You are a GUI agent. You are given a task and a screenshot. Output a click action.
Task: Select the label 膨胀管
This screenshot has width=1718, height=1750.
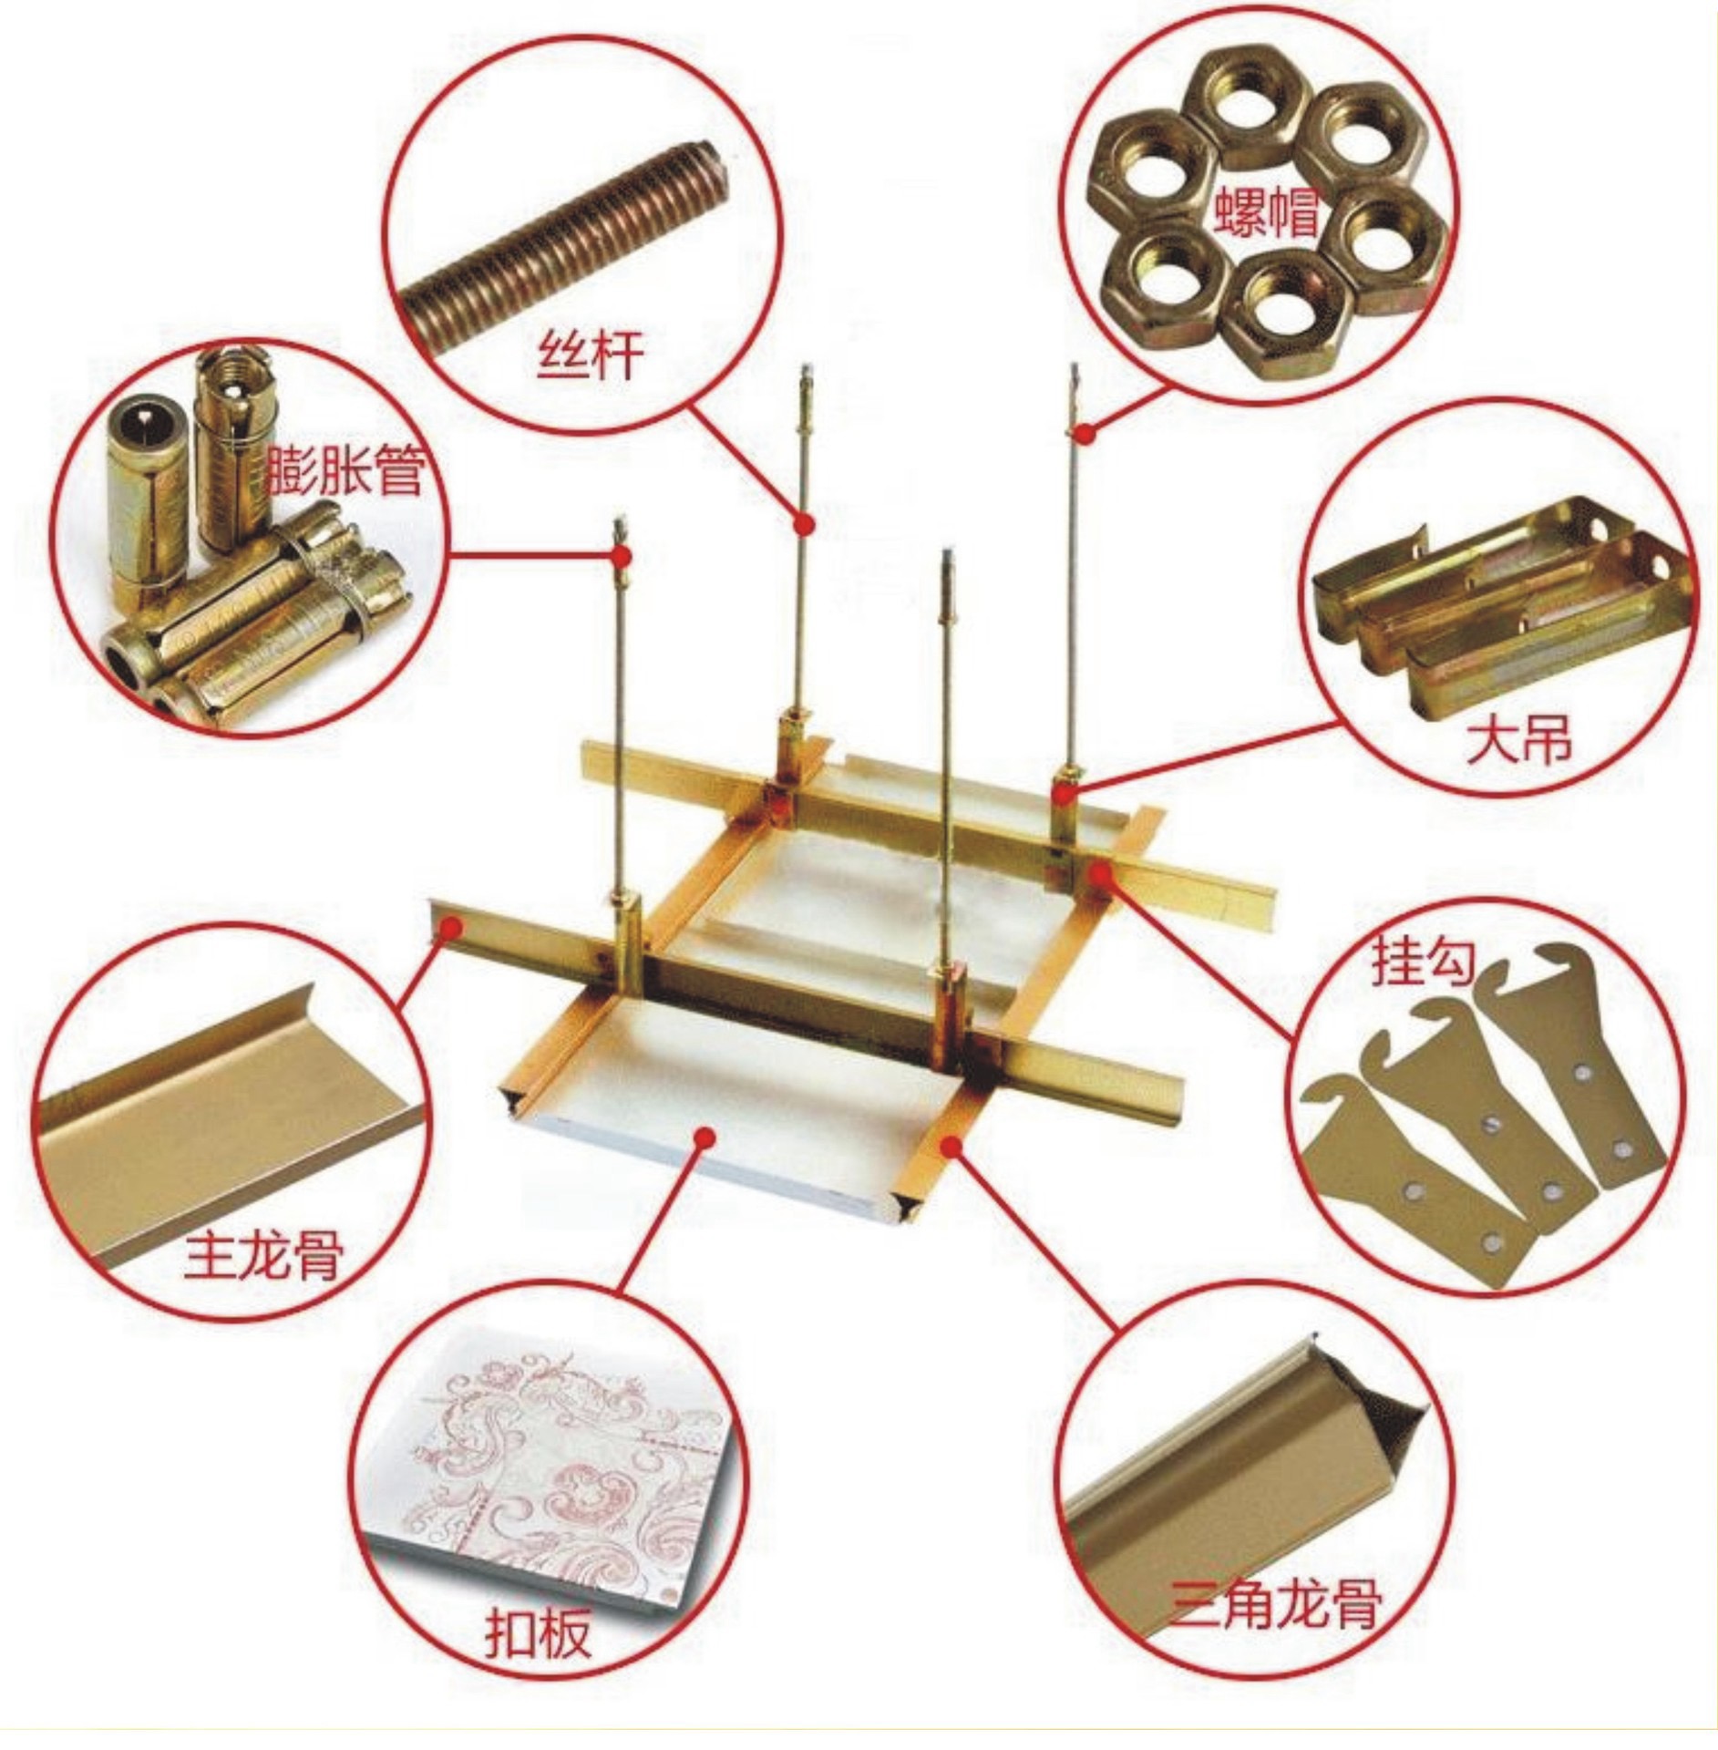point(345,470)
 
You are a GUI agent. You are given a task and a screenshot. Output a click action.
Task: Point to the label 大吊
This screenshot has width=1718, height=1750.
point(1518,740)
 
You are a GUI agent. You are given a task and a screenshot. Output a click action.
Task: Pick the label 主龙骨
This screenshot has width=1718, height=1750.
point(263,1257)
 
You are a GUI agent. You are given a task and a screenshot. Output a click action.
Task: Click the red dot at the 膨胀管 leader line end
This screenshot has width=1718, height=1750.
point(623,555)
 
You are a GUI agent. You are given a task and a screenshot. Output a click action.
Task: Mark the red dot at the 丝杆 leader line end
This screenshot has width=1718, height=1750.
point(803,524)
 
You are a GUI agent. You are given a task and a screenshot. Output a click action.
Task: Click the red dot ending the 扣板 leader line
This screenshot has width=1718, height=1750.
point(705,1136)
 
